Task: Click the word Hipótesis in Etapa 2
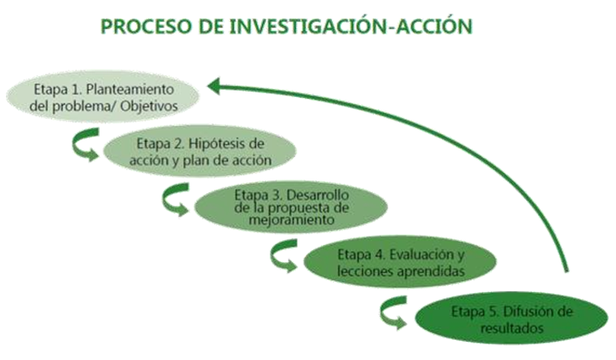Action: pos(236,143)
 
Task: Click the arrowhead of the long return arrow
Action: pos(212,86)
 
